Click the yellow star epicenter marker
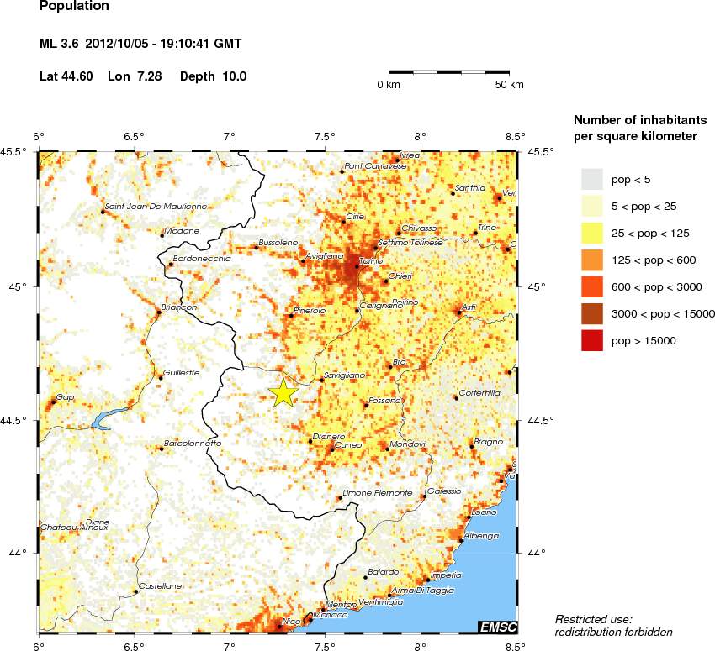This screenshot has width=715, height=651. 284,392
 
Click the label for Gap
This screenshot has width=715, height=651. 64,396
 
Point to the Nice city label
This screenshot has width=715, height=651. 291,621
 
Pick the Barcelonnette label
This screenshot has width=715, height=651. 192,443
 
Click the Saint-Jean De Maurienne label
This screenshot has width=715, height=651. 156,206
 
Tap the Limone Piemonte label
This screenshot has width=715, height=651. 378,492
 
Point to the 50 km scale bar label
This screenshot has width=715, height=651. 509,85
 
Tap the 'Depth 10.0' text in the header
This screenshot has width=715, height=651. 213,76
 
